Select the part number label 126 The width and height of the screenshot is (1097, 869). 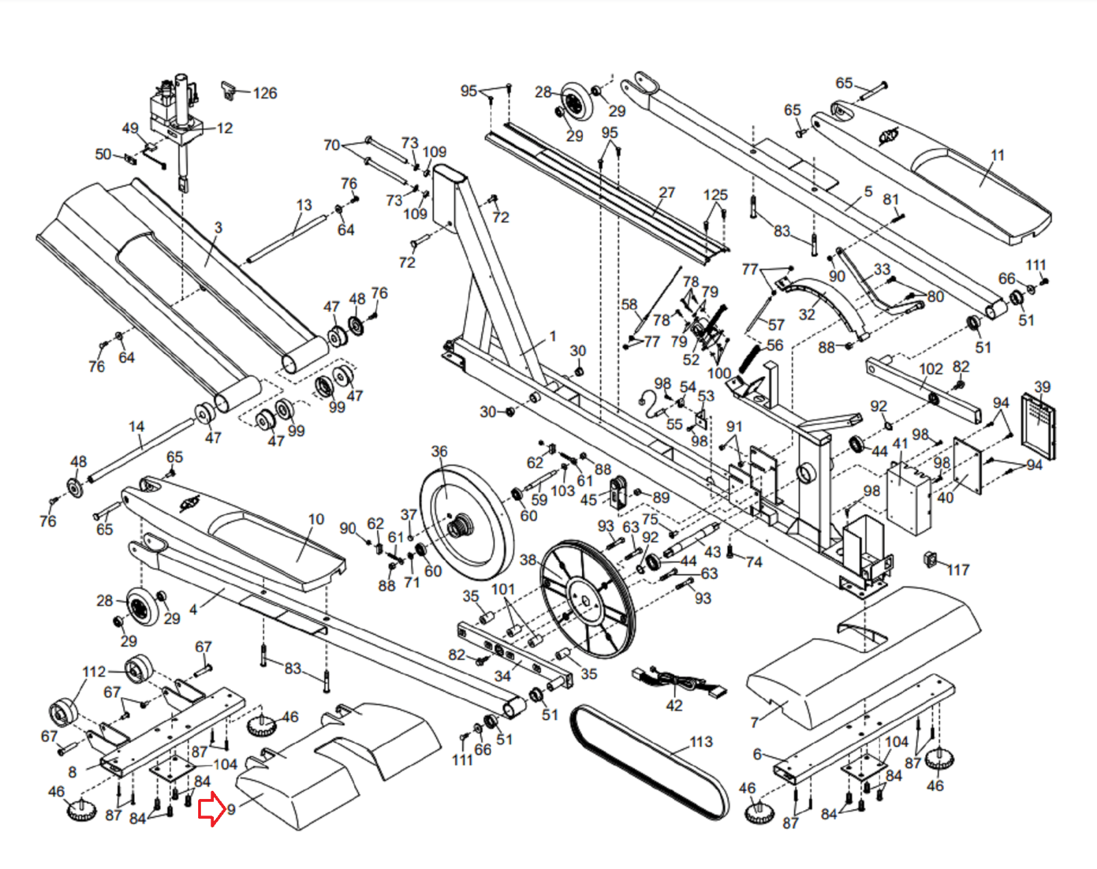[x=265, y=93]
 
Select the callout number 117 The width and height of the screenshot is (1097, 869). [x=958, y=570]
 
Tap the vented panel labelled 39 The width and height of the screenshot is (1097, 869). [x=1038, y=425]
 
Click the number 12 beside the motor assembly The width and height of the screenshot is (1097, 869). [x=224, y=128]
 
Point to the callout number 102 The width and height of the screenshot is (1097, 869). [x=930, y=369]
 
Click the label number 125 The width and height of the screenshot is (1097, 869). [x=715, y=195]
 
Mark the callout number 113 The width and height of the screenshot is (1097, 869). [x=701, y=741]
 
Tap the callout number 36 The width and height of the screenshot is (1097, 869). [x=439, y=451]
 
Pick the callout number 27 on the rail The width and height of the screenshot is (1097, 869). [x=666, y=193]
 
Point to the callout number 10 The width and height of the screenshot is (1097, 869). [x=316, y=519]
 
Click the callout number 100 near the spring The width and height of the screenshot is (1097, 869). [x=719, y=373]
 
